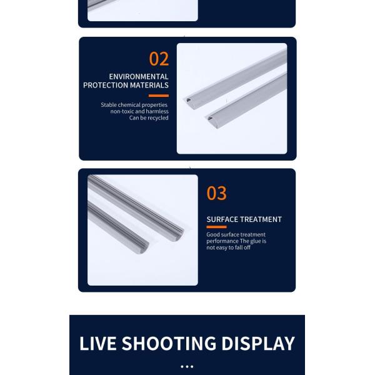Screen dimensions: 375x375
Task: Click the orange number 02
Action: [159, 59]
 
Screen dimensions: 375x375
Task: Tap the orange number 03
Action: [216, 193]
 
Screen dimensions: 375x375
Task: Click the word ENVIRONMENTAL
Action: [139, 76]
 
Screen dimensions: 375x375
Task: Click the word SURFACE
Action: [222, 219]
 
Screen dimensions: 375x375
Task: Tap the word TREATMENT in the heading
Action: [261, 219]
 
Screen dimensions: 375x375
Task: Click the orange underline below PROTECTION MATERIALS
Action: [159, 96]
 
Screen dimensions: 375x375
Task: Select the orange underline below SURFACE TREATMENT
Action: [216, 227]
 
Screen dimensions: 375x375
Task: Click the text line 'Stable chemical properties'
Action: [134, 105]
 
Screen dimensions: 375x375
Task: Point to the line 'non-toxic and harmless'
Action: [139, 111]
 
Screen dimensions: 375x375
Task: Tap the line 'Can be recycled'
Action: [149, 117]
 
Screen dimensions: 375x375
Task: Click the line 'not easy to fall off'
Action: [228, 247]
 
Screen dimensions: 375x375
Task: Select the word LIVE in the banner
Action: [98, 343]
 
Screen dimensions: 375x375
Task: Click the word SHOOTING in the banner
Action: [169, 343]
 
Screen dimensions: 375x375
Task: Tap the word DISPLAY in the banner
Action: [258, 343]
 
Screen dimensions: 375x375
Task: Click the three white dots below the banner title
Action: [187, 366]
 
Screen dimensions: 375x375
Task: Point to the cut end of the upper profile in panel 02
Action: [189, 101]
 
